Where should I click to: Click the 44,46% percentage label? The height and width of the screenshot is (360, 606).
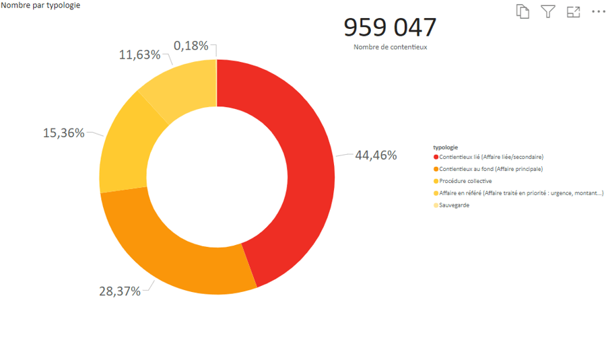tap(376, 155)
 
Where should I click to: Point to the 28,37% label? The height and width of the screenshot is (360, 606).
tap(120, 291)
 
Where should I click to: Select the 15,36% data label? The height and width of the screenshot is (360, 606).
tap(64, 133)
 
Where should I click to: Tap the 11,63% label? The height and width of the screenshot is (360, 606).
tap(140, 55)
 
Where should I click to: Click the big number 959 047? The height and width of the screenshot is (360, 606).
tap(390, 28)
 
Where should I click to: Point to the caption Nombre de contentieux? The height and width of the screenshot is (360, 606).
tap(390, 47)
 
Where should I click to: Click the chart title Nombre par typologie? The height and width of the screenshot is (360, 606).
tap(40, 5)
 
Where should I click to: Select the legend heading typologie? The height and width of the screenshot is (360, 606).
tap(446, 147)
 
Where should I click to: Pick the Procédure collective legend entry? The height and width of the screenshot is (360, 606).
tap(465, 181)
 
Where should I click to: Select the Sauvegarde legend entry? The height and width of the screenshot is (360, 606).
tap(454, 205)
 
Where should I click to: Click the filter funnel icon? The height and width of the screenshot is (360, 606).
tap(548, 11)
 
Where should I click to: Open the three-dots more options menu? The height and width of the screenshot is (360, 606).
tap(598, 11)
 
